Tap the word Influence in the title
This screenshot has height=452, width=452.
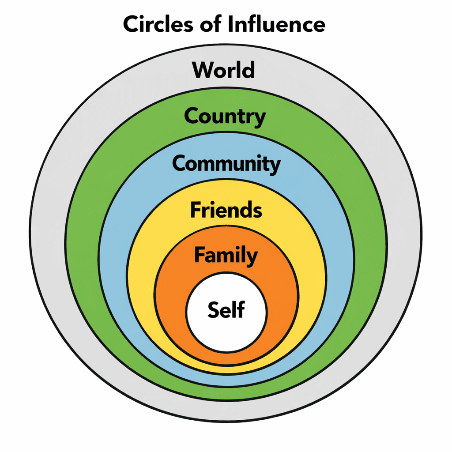tap(277, 25)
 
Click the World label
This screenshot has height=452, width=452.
tap(224, 70)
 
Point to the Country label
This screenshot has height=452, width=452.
tap(225, 117)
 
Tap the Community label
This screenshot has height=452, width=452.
tap(226, 164)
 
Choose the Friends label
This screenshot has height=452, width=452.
tap(226, 210)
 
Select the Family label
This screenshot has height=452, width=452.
tap(226, 256)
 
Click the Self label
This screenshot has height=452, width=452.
tap(226, 309)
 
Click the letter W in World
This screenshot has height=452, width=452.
tap(203, 70)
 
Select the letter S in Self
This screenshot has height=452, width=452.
tap(214, 310)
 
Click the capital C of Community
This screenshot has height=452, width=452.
tap(179, 164)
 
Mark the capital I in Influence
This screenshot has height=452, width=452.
tap(231, 25)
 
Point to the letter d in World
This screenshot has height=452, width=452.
tap(249, 70)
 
